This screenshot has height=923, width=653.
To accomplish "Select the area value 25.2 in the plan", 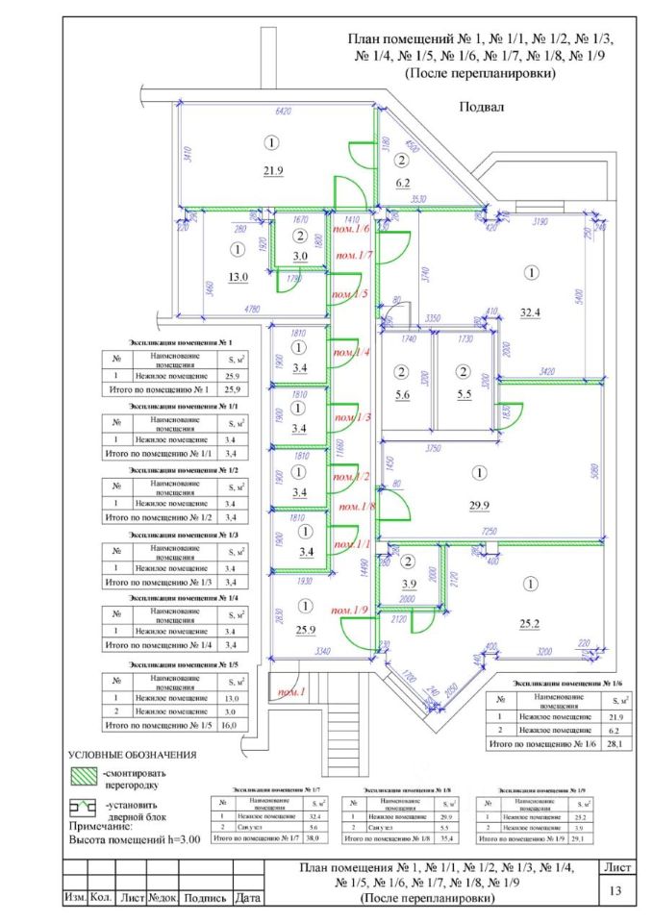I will tap(530, 622).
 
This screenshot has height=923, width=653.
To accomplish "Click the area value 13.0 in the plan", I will tap(239, 276).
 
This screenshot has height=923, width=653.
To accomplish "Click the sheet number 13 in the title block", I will tap(615, 891).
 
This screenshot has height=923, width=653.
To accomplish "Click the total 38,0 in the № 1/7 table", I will tap(312, 838).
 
